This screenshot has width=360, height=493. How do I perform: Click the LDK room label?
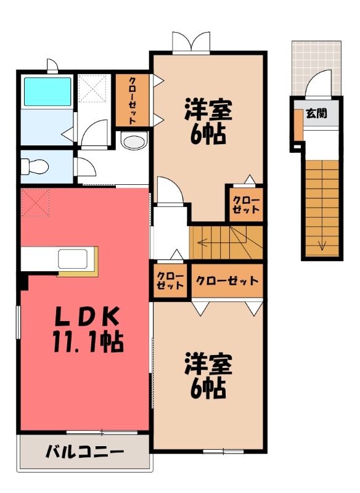coord(87,316)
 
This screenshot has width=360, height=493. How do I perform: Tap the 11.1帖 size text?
coord(88,342)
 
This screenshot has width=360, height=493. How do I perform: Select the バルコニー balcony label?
coord(85,452)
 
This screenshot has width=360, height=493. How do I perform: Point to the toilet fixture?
coord(35,166)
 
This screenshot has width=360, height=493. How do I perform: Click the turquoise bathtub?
coord(47,91)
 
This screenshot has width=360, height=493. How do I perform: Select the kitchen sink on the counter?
coord(73,259)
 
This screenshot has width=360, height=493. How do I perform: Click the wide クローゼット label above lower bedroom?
coord(227,280)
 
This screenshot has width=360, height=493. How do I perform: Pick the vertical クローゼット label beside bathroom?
coord(132,100)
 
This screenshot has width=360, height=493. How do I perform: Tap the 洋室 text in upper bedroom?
coord(208,110)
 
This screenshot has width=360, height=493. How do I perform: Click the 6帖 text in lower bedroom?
coord(208,388)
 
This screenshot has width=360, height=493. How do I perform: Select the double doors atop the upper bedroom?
coord(191,42)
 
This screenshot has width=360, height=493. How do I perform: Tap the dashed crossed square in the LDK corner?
coord(35,202)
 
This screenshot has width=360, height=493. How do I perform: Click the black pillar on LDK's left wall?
coord(24,281)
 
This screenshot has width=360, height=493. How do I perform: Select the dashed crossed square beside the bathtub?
coord(92,88)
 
